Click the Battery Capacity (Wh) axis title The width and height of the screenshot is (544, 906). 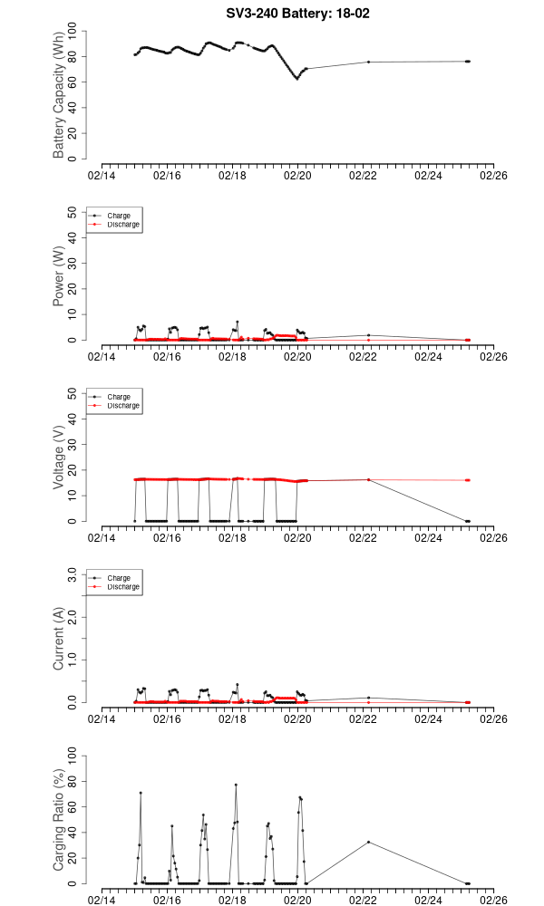click(59, 96)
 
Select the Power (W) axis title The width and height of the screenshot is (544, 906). click(59, 277)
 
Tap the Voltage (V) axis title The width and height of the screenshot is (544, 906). click(59, 458)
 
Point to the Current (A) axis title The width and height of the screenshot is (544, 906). click(59, 640)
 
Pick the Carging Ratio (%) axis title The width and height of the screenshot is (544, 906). click(59, 821)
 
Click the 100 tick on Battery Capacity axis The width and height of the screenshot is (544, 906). click(73, 32)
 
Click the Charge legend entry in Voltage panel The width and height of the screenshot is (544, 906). click(119, 397)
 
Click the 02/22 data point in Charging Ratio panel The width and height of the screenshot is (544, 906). click(368, 842)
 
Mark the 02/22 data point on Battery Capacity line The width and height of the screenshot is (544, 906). click(368, 62)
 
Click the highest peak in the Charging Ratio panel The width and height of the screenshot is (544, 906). click(236, 785)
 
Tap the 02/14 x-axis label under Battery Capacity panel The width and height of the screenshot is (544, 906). click(102, 175)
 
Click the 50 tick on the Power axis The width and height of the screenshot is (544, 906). click(73, 213)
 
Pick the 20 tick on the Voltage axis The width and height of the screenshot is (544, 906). click(73, 470)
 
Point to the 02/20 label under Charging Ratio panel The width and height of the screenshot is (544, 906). click(297, 900)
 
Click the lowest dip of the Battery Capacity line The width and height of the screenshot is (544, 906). click(296, 79)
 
